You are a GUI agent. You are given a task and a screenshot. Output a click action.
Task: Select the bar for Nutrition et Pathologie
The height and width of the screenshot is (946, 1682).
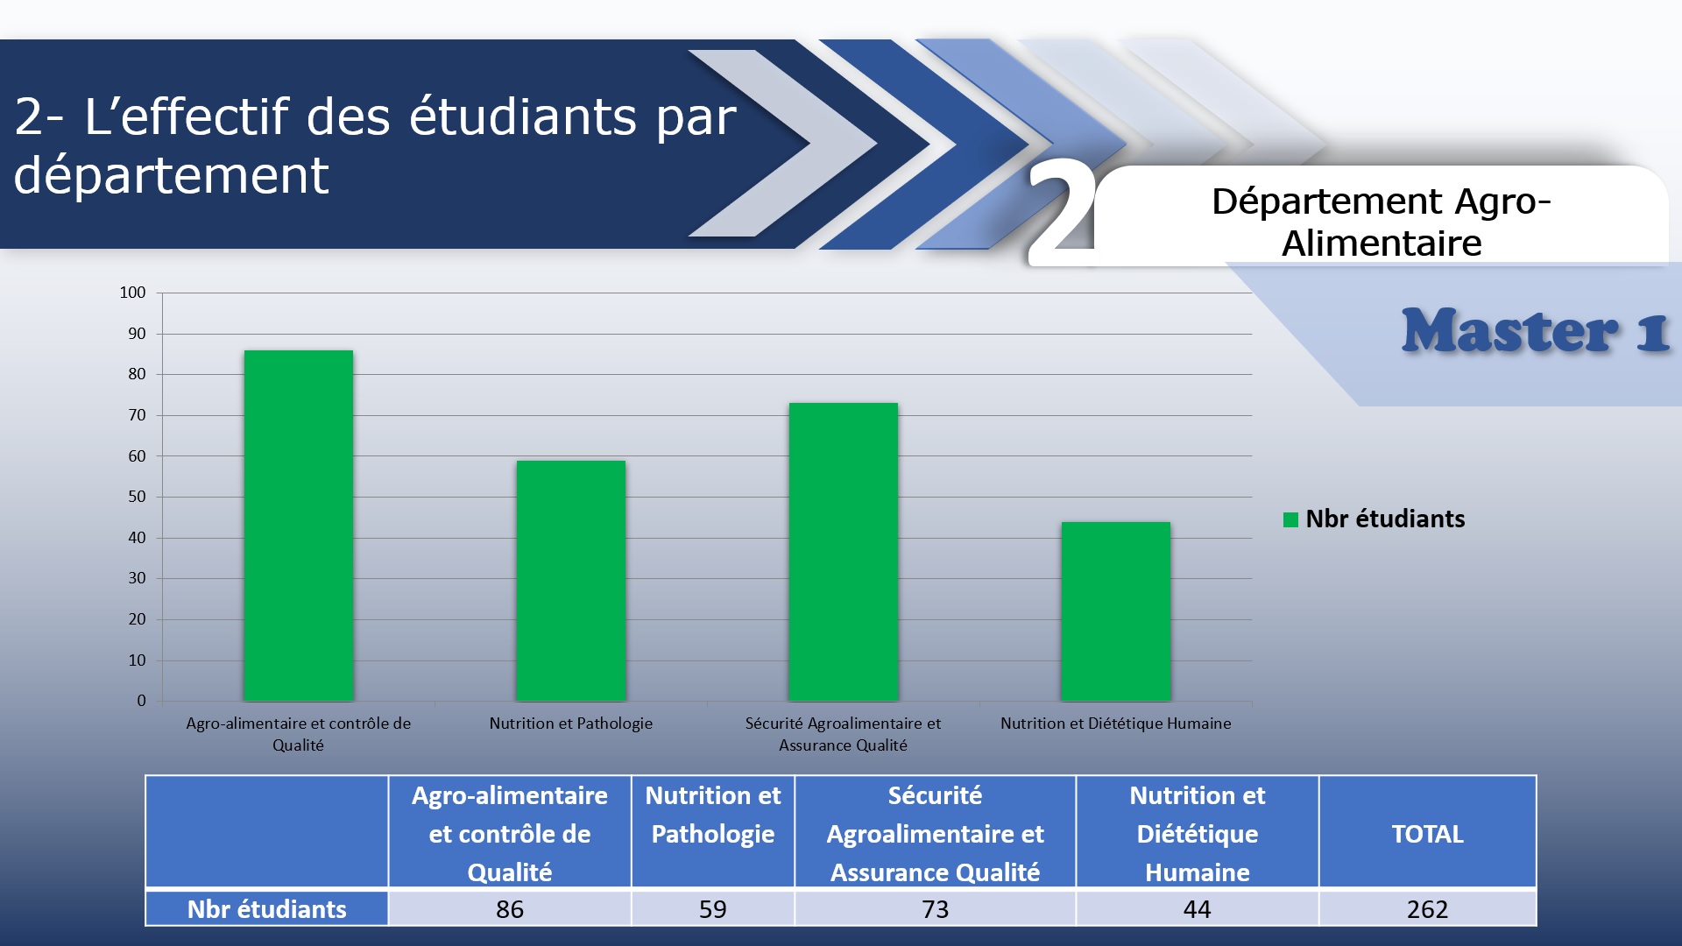click(x=571, y=581)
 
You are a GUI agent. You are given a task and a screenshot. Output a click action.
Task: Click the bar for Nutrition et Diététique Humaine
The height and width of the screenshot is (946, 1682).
click(x=1116, y=611)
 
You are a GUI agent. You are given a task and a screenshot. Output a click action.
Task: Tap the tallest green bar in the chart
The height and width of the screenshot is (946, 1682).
click(x=299, y=526)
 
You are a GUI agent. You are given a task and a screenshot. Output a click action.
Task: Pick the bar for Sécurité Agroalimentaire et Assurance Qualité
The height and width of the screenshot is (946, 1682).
click(x=844, y=552)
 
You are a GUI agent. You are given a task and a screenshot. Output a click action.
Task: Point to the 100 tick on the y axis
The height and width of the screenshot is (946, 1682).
click(x=133, y=293)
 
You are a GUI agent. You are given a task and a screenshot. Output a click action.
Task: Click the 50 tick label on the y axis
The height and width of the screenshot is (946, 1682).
click(x=138, y=497)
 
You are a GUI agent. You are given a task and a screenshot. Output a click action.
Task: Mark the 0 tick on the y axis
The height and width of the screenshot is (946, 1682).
click(x=142, y=701)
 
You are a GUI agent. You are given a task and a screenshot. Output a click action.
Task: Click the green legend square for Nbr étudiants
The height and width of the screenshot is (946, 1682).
click(x=1290, y=519)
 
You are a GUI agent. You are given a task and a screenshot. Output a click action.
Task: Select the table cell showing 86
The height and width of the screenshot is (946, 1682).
click(x=510, y=909)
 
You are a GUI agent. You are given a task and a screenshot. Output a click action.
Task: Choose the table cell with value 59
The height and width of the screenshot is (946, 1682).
click(x=713, y=909)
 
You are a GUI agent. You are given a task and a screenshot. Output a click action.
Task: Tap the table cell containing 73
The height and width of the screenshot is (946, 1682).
click(x=936, y=909)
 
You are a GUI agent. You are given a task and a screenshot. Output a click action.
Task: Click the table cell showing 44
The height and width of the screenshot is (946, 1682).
click(x=1198, y=909)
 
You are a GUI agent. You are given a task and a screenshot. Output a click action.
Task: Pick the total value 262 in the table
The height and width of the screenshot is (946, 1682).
click(x=1428, y=909)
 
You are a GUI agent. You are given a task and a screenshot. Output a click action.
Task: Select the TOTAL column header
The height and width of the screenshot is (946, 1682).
click(x=1428, y=833)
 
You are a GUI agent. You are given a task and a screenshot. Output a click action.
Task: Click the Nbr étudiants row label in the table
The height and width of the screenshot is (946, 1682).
click(x=267, y=909)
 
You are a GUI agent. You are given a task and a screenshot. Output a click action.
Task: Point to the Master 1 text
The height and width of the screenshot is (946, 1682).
click(x=1536, y=331)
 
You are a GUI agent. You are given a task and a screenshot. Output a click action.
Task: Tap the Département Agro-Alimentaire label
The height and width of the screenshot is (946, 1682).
click(x=1382, y=222)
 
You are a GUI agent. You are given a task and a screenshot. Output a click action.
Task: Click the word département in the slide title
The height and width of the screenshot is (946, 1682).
click(x=172, y=175)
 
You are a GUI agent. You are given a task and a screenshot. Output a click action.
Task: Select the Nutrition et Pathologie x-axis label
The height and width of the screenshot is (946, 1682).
click(x=571, y=724)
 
